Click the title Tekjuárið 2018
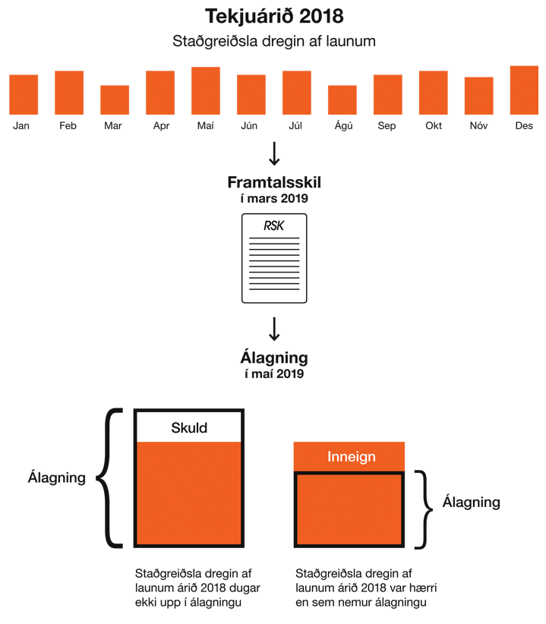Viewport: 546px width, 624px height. click(x=273, y=17)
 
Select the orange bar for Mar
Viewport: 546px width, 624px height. click(x=115, y=99)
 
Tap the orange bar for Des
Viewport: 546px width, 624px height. click(x=524, y=90)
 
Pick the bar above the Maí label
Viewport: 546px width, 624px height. click(x=205, y=90)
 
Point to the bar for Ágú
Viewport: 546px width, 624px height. click(x=342, y=99)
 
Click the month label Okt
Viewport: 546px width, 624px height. click(x=434, y=126)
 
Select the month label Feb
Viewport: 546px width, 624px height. click(x=68, y=126)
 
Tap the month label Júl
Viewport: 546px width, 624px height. click(x=296, y=126)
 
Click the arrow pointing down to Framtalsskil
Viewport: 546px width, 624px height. click(x=274, y=153)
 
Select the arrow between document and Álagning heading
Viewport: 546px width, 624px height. click(x=274, y=329)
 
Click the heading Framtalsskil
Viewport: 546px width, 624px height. click(x=273, y=183)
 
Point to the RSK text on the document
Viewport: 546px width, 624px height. click(x=273, y=225)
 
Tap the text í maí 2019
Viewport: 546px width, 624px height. click(x=273, y=373)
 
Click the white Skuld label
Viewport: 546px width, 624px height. click(x=189, y=427)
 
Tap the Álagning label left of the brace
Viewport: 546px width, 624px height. click(x=56, y=477)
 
